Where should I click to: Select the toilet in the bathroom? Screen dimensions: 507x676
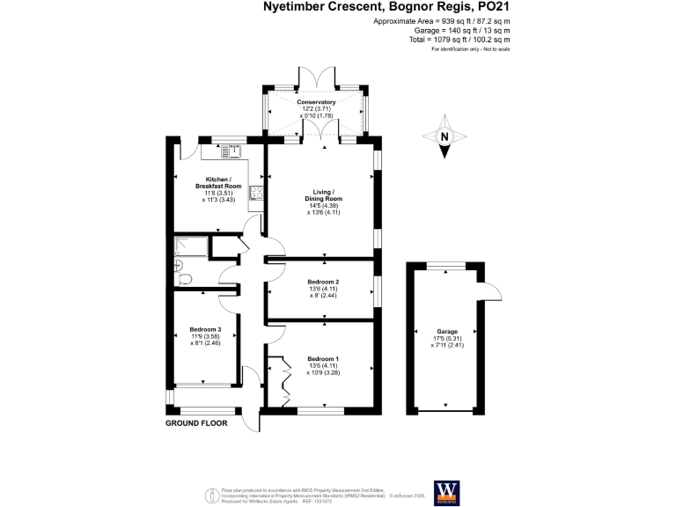pos(182,279)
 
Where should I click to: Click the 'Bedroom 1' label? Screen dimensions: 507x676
pos(322,359)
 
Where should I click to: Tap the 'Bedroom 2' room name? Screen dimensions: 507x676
pos(322,282)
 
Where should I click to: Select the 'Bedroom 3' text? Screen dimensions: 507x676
pos(204,330)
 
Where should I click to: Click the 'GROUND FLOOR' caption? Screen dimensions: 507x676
pos(196,423)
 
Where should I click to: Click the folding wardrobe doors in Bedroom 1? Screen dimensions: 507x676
pos(283,378)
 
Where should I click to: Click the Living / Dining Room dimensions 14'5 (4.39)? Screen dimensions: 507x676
pos(322,205)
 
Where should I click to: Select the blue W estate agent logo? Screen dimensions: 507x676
pos(445,489)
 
